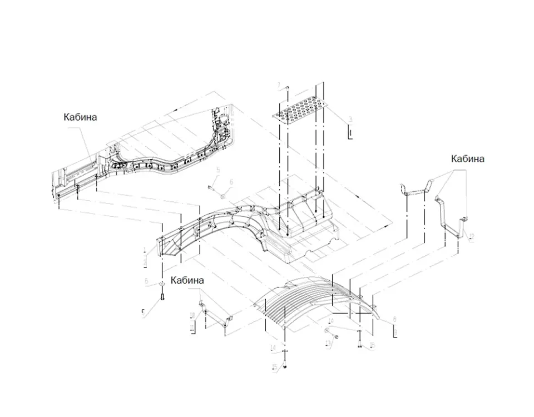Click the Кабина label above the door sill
click(81, 117)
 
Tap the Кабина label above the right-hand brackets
click(468, 159)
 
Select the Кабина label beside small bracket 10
click(186, 280)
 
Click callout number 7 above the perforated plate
click(280, 85)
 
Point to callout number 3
click(350, 119)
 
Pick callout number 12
click(471, 237)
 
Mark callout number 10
click(192, 315)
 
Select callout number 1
click(144, 249)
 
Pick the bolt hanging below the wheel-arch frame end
click(162, 297)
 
